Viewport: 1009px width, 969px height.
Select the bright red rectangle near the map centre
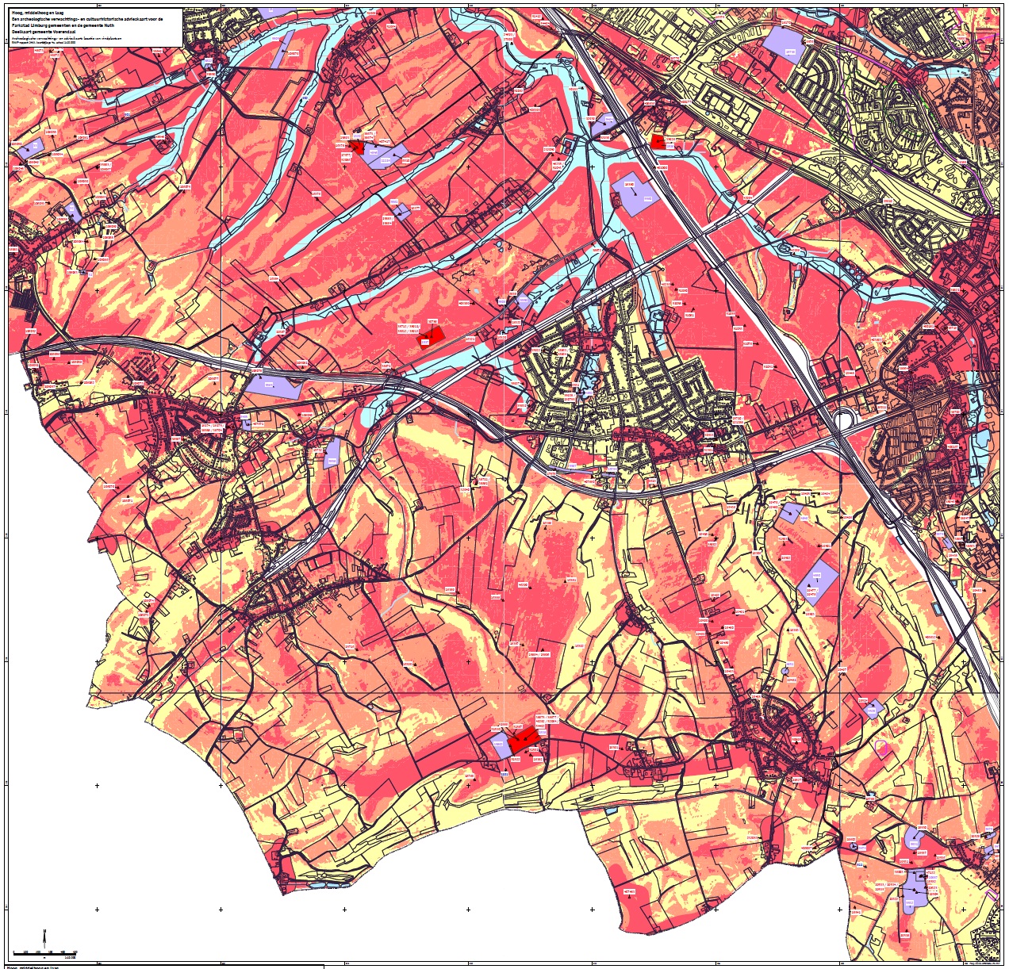coord(431,337)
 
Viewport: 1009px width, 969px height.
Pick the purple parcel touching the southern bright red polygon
coord(499,745)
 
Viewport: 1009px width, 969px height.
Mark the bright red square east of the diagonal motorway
coord(657,141)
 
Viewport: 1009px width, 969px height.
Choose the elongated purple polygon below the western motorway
coord(273,386)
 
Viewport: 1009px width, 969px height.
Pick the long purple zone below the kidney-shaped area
coord(916,888)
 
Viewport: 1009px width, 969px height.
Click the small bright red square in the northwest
coord(357,147)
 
